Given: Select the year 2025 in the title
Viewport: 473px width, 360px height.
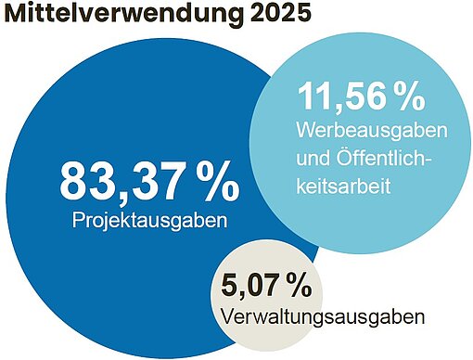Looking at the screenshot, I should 279,17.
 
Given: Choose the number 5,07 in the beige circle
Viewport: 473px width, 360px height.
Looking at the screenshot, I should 251,282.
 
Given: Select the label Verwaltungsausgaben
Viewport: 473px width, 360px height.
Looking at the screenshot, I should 324,315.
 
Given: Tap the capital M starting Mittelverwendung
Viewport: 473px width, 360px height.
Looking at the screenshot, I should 18,17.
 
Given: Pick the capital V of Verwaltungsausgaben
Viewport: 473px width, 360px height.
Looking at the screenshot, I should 230,315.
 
